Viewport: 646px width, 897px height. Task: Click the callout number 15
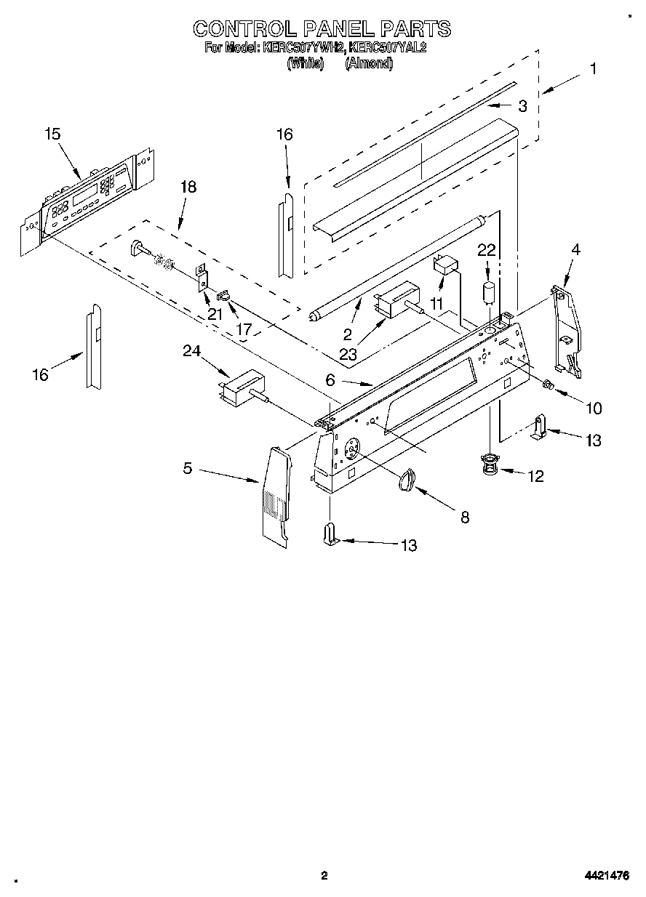pos(52,134)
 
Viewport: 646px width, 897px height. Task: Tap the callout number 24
pos(191,352)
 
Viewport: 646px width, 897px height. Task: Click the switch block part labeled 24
pos(243,387)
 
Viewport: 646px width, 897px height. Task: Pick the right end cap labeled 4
pos(567,331)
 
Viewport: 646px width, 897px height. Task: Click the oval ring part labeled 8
pos(407,479)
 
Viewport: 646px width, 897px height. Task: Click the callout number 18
pos(188,187)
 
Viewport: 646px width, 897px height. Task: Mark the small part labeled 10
pos(550,384)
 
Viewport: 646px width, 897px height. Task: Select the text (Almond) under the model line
pos(369,63)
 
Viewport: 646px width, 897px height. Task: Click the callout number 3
pos(522,106)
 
